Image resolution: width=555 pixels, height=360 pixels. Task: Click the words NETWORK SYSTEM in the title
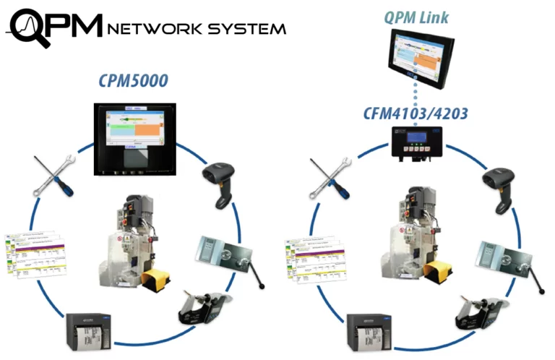196,28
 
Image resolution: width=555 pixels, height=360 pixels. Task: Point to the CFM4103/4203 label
421,113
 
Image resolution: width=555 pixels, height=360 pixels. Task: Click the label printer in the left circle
88,333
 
